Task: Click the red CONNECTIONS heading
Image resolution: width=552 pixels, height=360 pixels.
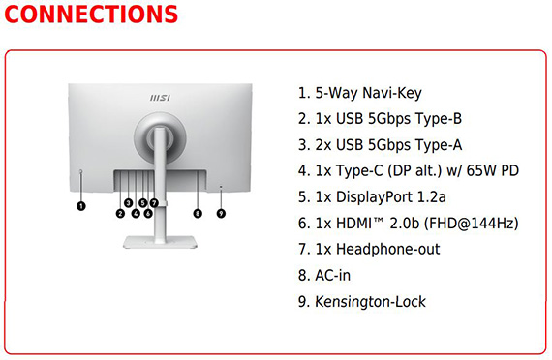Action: click(x=91, y=15)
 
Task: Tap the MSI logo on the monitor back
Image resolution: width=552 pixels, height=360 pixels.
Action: click(x=160, y=98)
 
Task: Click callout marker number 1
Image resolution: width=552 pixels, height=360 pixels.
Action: click(x=81, y=206)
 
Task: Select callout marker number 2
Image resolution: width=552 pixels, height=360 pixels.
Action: click(x=120, y=213)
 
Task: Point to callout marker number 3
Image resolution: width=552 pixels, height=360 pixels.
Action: click(x=128, y=202)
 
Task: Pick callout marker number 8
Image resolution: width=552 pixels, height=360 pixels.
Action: click(x=198, y=213)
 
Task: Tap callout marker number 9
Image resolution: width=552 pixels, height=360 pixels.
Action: click(x=221, y=213)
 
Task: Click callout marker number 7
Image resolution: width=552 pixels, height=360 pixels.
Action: click(x=154, y=202)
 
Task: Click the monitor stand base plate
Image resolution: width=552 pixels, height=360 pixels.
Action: click(x=160, y=243)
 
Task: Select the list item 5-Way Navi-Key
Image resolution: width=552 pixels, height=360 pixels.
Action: click(x=360, y=93)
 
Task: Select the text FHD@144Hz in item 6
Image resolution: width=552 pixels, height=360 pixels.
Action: click(x=472, y=224)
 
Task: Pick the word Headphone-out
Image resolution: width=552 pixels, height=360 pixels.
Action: click(x=388, y=249)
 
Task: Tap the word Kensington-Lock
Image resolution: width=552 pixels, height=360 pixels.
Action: click(x=370, y=302)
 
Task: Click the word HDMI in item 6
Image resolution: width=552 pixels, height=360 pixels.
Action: click(x=353, y=224)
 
